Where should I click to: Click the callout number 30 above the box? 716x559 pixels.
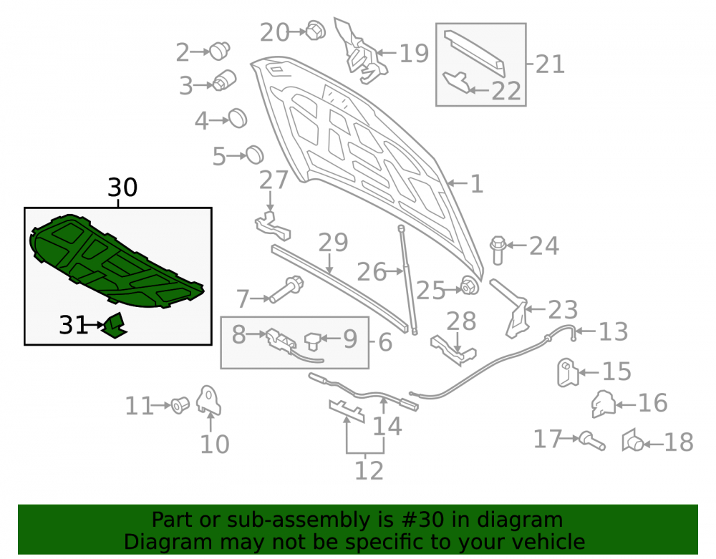(122, 187)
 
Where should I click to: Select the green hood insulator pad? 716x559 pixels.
(114, 260)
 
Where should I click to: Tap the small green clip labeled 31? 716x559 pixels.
(114, 326)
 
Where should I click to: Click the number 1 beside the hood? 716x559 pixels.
(476, 184)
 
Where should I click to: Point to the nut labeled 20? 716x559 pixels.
(315, 30)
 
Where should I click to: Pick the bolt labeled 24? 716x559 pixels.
(498, 250)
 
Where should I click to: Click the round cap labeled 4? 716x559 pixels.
(238, 119)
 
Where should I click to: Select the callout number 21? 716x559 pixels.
(550, 64)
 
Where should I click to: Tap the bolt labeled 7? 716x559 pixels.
(286, 289)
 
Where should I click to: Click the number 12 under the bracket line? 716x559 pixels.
(369, 470)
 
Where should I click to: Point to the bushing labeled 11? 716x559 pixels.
(180, 405)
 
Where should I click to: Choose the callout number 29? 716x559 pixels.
(333, 243)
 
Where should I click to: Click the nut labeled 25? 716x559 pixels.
(469, 286)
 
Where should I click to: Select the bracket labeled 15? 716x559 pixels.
(568, 373)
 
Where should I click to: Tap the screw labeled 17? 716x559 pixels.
(592, 441)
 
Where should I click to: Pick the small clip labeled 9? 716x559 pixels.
(314, 341)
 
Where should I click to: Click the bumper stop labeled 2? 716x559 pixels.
(220, 51)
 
